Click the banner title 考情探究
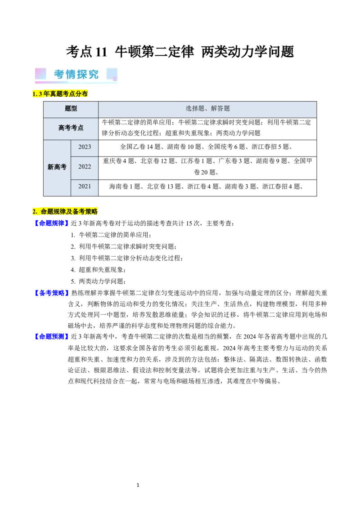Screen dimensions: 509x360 click(76, 74)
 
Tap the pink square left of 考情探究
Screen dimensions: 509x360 click(41, 74)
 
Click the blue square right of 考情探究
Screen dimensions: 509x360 click(112, 74)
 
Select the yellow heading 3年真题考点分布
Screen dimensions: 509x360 click(61, 94)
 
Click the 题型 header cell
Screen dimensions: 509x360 click(71, 109)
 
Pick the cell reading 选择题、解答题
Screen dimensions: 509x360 click(207, 109)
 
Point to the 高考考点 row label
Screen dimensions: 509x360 click(71, 128)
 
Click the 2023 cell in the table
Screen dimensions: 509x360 click(85, 147)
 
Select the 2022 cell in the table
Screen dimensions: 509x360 click(85, 167)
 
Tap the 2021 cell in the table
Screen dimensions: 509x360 click(85, 187)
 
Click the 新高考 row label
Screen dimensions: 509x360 click(57, 167)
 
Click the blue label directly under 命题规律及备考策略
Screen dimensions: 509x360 click(51, 223)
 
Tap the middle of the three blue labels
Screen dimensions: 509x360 click(51, 293)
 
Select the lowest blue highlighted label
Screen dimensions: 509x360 click(51, 336)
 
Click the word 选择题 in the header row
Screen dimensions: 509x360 click(195, 109)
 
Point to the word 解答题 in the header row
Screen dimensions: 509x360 click(220, 109)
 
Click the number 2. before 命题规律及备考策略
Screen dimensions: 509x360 click(35, 211)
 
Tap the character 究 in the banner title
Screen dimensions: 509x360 click(94, 74)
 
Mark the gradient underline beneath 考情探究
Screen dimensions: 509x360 click(76, 82)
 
